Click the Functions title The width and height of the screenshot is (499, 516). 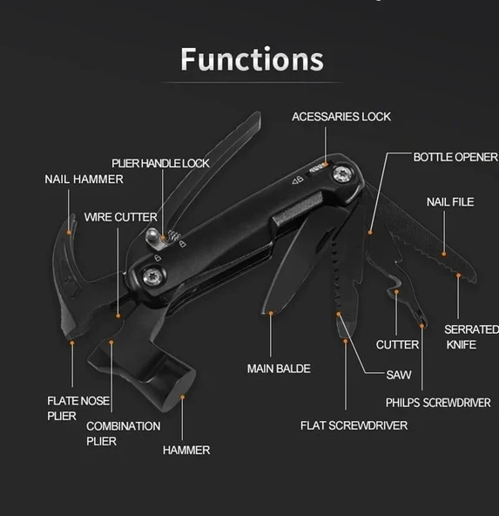252,58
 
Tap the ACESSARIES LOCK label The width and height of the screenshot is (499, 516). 341,117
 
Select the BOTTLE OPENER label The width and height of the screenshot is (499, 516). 455,157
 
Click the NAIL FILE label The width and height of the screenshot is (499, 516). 449,202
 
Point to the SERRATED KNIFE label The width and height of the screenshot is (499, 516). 470,337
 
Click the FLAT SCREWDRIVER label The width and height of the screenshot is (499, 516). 354,425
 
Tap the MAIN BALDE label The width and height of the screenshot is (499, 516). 279,369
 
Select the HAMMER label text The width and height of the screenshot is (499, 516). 185,451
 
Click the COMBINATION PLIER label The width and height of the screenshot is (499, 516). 123,433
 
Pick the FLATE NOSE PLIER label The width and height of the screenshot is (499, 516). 78,408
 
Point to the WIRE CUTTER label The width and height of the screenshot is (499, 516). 121,217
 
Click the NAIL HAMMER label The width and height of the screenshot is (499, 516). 84,180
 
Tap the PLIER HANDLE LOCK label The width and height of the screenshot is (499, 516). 160,163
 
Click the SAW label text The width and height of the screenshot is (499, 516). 398,376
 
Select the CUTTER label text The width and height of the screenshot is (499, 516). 397,345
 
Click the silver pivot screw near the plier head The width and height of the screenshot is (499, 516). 152,280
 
